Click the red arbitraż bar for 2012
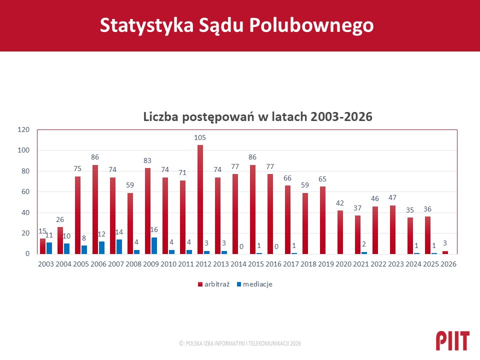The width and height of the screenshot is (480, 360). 200,199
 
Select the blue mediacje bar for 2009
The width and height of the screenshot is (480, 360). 154,245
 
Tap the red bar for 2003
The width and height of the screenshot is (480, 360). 42,246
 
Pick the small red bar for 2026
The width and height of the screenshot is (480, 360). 445,252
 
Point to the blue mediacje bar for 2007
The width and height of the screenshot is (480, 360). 119,246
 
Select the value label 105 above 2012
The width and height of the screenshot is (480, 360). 200,137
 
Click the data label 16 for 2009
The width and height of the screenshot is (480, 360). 154,229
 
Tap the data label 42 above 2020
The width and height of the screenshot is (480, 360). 340,203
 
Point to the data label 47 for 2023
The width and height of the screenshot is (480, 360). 392,198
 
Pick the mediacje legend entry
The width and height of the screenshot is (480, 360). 255,284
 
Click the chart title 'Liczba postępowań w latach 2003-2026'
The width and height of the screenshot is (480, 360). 257,117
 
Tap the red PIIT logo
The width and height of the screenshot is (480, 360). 452,340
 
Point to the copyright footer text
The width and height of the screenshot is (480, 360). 240,343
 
